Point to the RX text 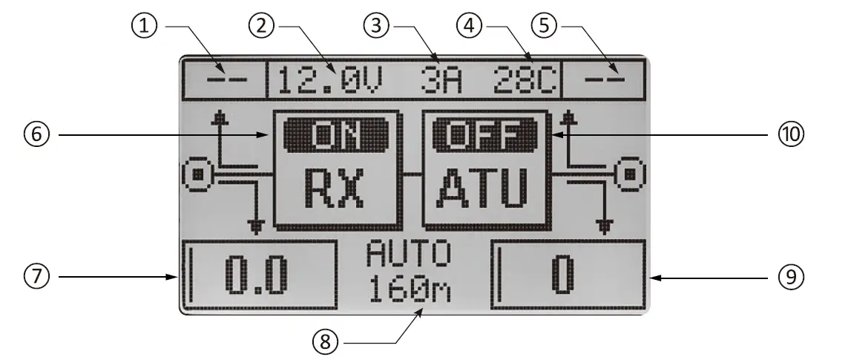click(338, 189)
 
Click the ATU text click(486, 189)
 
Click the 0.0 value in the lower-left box click(256, 276)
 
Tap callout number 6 click(39, 135)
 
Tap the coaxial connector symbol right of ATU click(628, 175)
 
